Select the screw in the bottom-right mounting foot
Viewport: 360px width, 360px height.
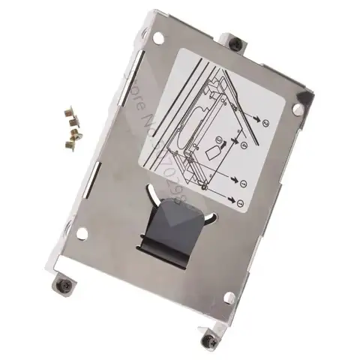tap(206, 341)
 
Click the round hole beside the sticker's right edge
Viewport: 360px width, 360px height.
tap(299, 109)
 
